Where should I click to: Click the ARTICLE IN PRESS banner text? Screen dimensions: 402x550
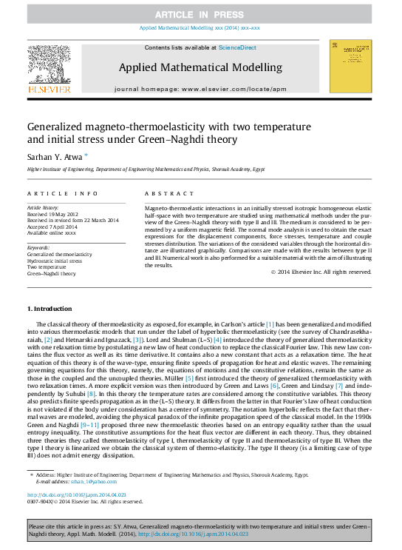click(x=201, y=15)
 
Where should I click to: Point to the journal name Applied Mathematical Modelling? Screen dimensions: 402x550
click(x=200, y=67)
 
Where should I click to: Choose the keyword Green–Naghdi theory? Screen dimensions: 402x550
click(x=52, y=273)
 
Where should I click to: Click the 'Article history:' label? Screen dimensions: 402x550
click(x=44, y=209)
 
